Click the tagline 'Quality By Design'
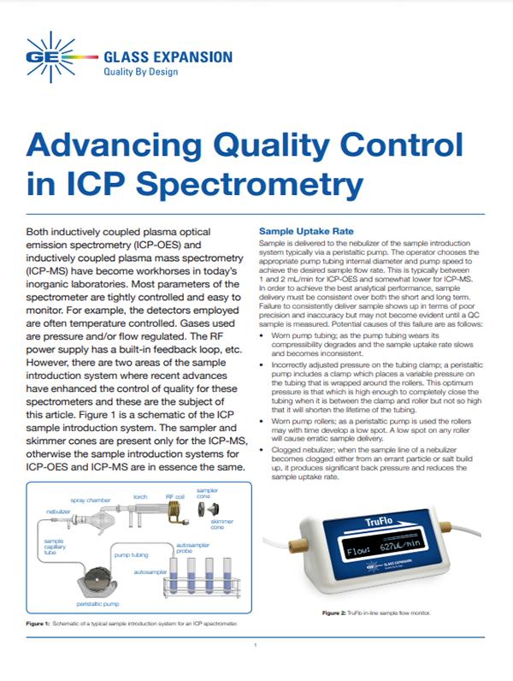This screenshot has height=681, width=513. click(141, 73)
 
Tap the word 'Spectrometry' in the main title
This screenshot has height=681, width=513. click(250, 181)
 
